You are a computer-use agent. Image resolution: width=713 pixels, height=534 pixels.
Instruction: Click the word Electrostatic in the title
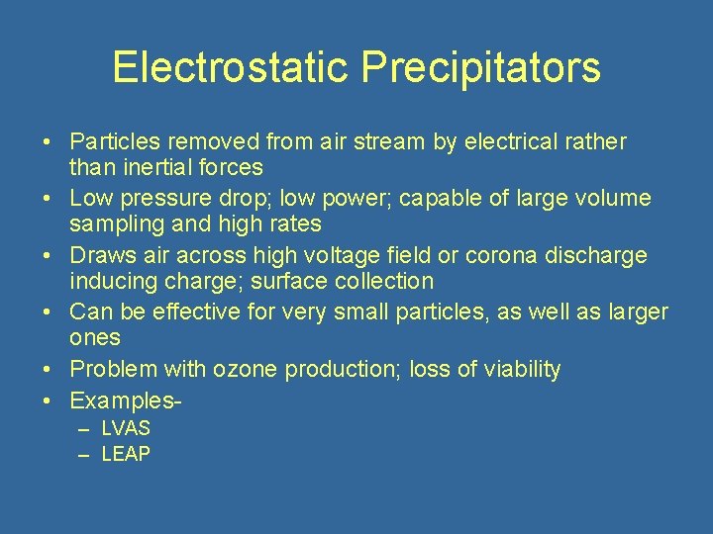pos(231,68)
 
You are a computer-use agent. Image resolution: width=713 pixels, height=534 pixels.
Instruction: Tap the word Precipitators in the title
pos(480,68)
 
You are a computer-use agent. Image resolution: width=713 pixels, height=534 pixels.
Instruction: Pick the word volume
pos(614,199)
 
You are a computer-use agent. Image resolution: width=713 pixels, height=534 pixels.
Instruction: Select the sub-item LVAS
pos(126,429)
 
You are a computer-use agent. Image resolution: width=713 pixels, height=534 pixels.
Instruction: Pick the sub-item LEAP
pos(126,454)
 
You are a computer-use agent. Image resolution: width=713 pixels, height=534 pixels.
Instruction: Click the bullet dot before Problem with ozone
pos(48,370)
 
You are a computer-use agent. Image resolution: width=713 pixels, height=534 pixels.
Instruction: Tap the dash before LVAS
pos(84,429)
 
